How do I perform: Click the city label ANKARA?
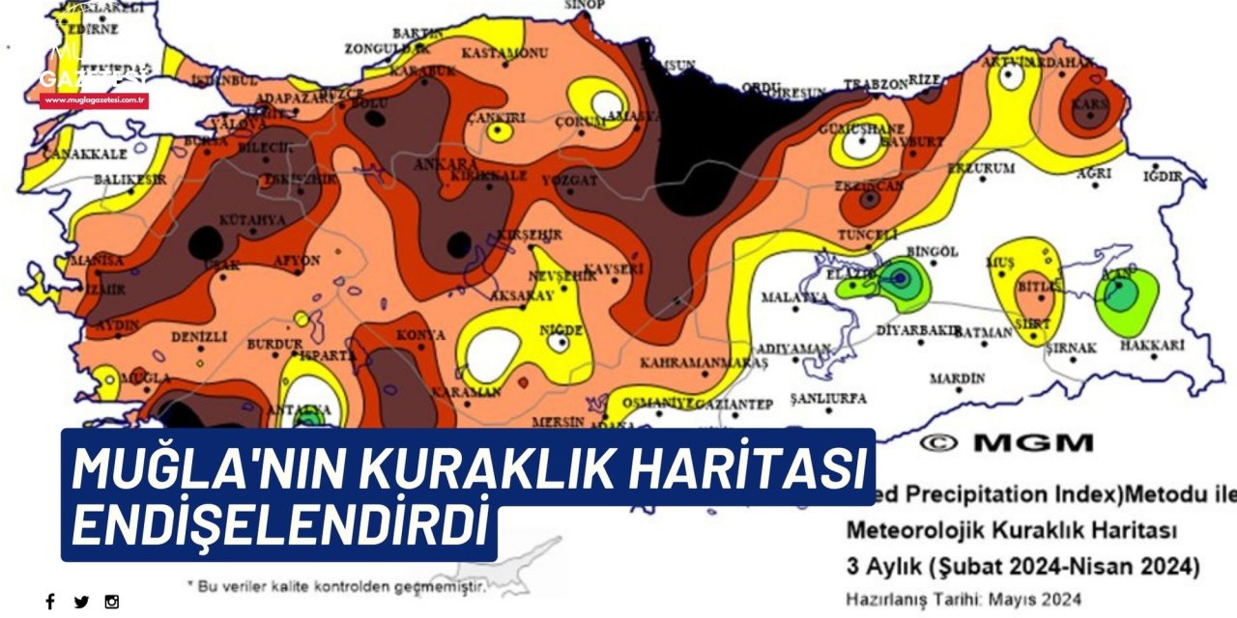tap(446, 163)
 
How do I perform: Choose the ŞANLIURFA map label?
tap(828, 398)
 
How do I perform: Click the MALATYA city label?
tap(794, 297)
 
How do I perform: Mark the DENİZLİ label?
tap(198, 337)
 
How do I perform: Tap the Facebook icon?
tap(50, 602)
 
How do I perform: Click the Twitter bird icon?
tap(81, 602)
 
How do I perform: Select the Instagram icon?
tap(112, 602)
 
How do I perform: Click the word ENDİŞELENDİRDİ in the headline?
tap(277, 523)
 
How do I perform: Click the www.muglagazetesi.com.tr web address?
tap(94, 99)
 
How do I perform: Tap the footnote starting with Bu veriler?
tap(335, 584)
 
